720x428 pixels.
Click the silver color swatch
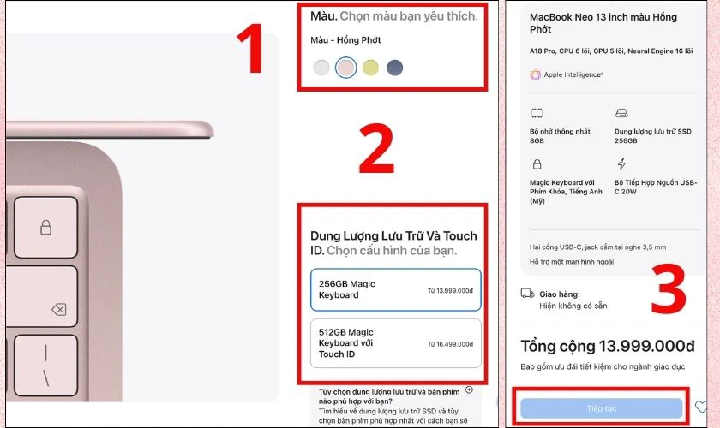click(321, 68)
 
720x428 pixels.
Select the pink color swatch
click(345, 68)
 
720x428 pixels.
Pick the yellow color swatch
click(369, 68)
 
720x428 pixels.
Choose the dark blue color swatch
click(393, 68)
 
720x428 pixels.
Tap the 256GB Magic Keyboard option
click(395, 289)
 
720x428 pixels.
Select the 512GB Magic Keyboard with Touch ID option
click(395, 342)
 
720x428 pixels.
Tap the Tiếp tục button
click(601, 407)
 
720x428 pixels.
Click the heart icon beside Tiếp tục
click(701, 407)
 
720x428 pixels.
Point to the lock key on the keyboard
click(45, 227)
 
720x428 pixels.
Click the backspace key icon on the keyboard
click(58, 309)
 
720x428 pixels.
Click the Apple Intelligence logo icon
click(536, 74)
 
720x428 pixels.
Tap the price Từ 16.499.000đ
click(449, 342)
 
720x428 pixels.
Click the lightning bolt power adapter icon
click(621, 163)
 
